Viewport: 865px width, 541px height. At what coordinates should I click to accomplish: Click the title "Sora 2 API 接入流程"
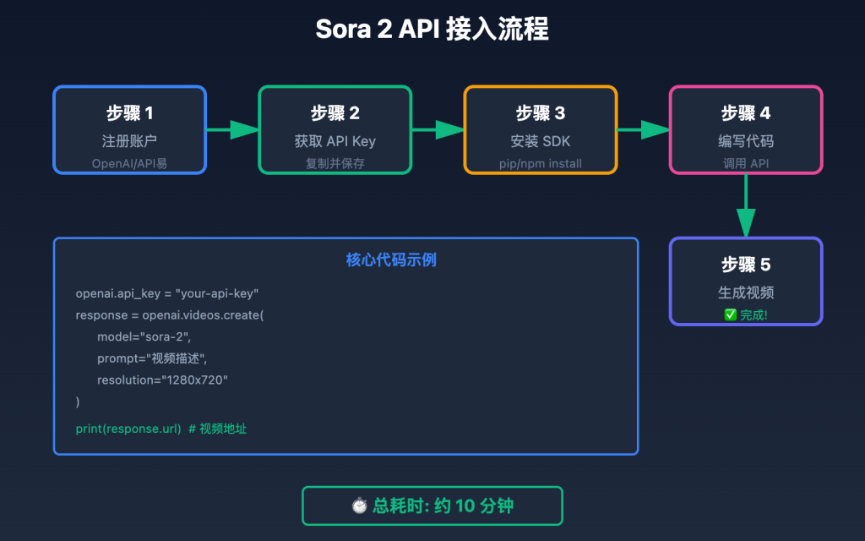tap(432, 30)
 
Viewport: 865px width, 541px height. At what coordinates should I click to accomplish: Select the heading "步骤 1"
tap(129, 113)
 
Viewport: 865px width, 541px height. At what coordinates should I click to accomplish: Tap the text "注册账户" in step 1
tap(129, 141)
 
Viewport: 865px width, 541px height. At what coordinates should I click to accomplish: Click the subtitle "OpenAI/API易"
tap(129, 163)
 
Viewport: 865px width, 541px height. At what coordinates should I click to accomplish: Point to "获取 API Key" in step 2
tap(335, 141)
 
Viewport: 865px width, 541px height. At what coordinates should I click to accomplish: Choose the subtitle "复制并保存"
tap(335, 163)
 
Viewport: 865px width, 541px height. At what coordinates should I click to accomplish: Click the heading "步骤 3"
tap(540, 113)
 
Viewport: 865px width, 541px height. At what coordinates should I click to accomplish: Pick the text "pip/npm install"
tap(540, 163)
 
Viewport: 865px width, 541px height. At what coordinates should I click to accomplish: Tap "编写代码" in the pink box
tap(745, 141)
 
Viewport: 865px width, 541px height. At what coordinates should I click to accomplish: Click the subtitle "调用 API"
tap(745, 163)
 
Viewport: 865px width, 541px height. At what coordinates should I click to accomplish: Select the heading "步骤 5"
tap(745, 265)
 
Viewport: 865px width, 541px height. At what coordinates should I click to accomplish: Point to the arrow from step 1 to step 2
tap(232, 129)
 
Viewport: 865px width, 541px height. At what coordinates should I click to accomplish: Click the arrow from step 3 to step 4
tap(643, 129)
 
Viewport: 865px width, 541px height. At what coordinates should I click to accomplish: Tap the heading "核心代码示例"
tap(391, 260)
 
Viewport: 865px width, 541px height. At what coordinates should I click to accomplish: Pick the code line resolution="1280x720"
tap(162, 380)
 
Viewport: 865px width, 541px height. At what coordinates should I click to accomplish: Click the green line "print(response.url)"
tap(128, 429)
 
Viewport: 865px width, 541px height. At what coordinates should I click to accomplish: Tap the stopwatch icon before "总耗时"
tap(360, 505)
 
